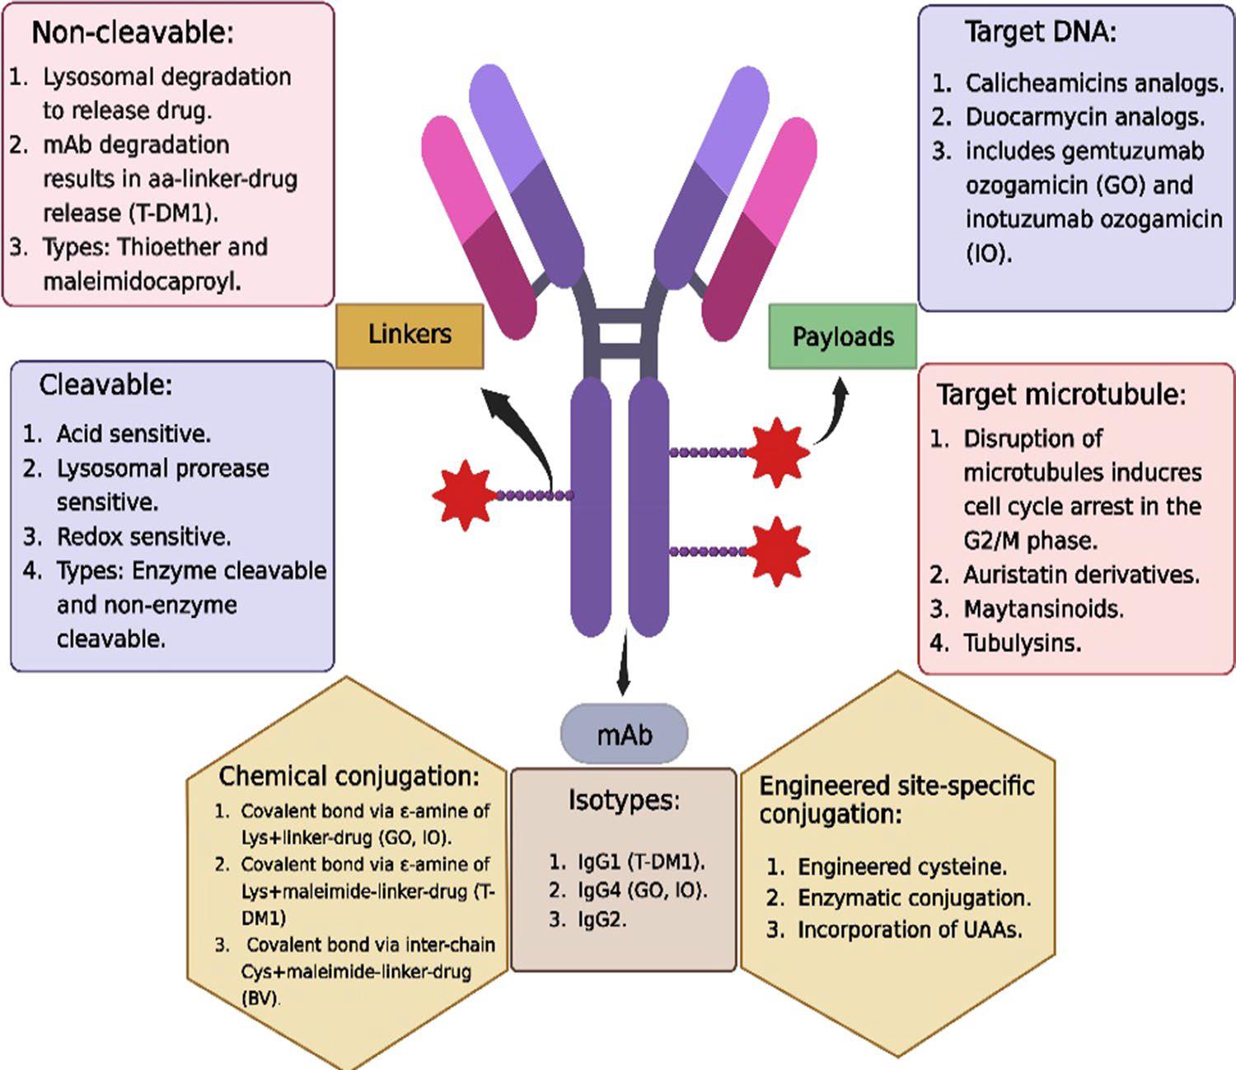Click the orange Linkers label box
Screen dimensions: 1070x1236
click(410, 334)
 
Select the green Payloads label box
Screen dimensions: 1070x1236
click(842, 336)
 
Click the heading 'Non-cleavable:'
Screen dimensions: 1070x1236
click(133, 33)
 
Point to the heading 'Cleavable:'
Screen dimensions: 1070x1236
click(105, 385)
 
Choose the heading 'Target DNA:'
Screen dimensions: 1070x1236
click(1040, 33)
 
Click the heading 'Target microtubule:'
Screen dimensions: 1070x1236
click(1060, 395)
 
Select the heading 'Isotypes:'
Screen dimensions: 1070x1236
click(624, 800)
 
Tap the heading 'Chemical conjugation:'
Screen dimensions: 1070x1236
click(349, 776)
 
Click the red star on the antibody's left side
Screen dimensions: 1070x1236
click(462, 495)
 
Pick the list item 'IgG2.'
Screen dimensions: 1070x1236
click(601, 920)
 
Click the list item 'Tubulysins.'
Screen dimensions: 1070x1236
click(1022, 642)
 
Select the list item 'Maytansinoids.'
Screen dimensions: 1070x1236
click(1043, 609)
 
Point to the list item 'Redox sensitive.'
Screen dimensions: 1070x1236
click(143, 537)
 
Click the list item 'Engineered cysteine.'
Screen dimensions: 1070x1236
click(901, 867)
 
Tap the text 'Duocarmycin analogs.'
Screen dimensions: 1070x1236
click(1084, 117)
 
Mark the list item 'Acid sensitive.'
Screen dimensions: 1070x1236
click(133, 433)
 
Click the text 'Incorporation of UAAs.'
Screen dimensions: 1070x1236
click(910, 930)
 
